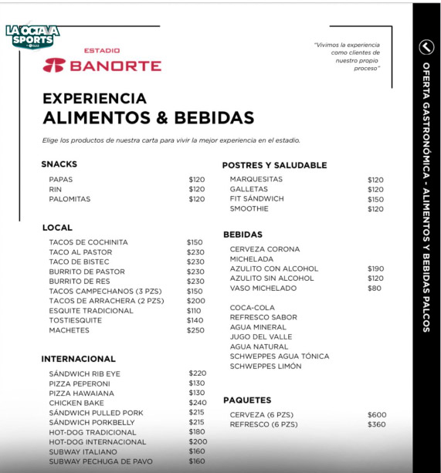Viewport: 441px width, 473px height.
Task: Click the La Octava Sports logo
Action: coord(32,36)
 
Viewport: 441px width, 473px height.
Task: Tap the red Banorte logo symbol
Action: coord(54,65)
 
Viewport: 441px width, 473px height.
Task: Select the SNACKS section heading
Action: coord(59,164)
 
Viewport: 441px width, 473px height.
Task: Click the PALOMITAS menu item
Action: coord(70,199)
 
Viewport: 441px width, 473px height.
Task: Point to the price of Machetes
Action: coord(195,330)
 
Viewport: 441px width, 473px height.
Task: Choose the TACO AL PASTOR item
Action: coord(80,252)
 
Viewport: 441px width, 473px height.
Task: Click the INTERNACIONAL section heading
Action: coord(78,359)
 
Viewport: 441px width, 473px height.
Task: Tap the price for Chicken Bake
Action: coord(197,403)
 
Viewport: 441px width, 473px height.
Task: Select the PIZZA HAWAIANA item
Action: coord(81,394)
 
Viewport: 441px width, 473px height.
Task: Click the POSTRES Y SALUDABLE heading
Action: coord(274,165)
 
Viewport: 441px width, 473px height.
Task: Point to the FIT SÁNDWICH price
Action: coord(375,199)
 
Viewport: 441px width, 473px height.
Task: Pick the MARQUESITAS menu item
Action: coord(256,179)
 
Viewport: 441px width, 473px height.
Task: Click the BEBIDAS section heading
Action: coord(243,235)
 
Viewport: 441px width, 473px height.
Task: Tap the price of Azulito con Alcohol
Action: coord(375,269)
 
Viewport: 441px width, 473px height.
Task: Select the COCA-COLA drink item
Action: coord(252,308)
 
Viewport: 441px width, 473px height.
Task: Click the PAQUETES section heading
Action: coord(247,400)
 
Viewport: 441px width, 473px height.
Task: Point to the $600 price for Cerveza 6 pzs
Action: coord(377,415)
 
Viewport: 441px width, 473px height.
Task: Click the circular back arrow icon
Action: coord(426,47)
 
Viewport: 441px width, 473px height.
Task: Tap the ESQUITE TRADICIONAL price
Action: coord(194,311)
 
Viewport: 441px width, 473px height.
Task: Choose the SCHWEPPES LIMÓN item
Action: coord(265,367)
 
